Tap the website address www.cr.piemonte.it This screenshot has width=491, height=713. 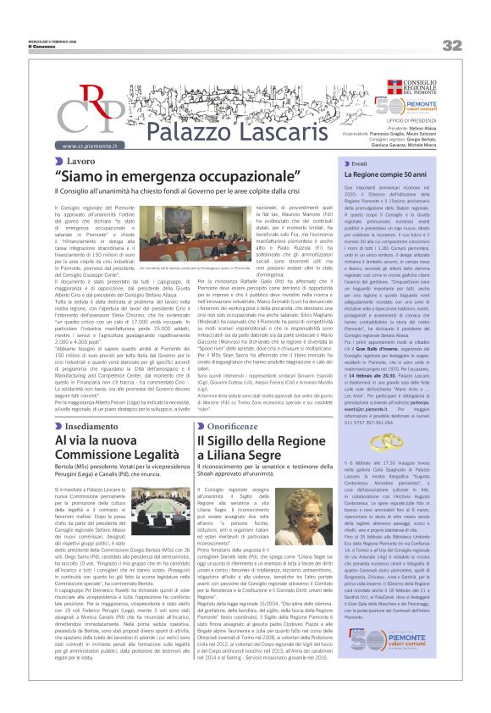pos(90,146)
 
